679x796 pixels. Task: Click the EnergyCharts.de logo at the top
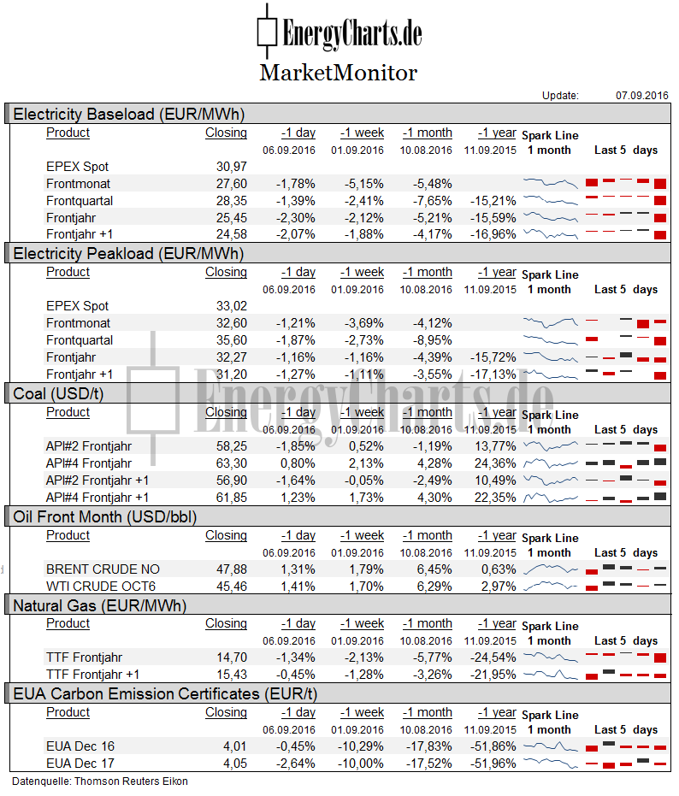(339, 32)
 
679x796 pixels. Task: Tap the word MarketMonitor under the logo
(339, 73)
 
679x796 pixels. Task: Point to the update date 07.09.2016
(642, 96)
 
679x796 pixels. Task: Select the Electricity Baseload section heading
(129, 115)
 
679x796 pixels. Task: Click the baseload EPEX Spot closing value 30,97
(232, 167)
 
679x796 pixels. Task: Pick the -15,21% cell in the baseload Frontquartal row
(493, 201)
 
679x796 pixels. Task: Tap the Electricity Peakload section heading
(128, 254)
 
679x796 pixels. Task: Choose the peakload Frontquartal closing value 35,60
(232, 340)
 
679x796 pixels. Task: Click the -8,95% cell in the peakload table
(432, 340)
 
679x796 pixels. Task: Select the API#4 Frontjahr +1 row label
(97, 498)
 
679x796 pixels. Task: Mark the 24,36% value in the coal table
(495, 463)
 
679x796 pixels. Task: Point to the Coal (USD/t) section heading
(58, 394)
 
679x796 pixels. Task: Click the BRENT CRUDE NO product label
(103, 569)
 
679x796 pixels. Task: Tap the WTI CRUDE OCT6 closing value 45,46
(232, 587)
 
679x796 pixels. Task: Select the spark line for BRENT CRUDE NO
(551, 569)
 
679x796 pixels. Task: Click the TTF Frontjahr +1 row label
(92, 675)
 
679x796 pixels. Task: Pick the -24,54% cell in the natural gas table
(493, 658)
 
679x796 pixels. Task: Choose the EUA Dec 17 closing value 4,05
(234, 764)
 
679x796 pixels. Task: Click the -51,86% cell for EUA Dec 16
(493, 746)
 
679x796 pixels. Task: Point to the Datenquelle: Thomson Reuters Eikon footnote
(100, 781)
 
